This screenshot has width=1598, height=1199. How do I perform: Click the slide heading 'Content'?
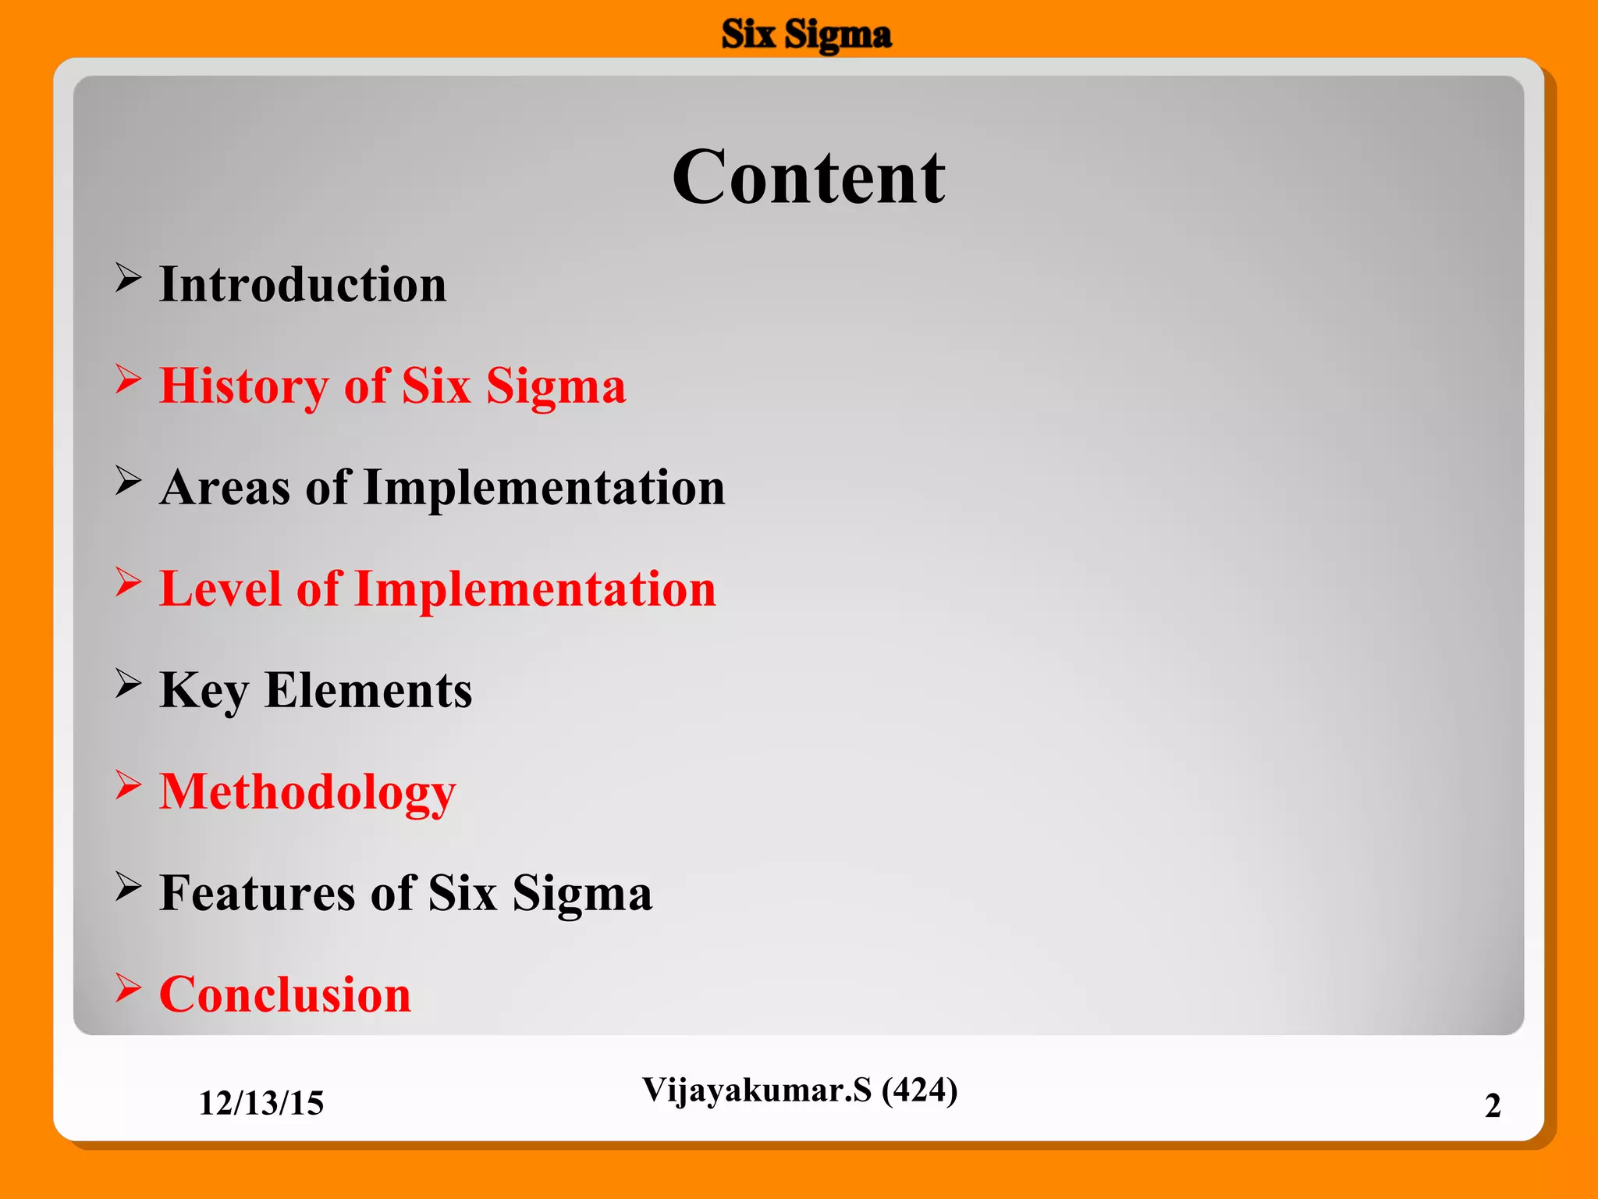click(808, 178)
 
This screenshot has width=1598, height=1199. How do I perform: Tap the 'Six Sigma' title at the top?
click(806, 35)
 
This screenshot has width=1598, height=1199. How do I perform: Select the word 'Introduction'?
click(303, 284)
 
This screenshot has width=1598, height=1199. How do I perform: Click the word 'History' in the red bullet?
click(244, 386)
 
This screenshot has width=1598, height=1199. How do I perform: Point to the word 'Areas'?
click(225, 488)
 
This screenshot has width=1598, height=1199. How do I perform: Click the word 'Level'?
click(220, 589)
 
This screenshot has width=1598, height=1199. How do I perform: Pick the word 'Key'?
click(204, 692)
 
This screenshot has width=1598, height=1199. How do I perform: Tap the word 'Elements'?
click(368, 691)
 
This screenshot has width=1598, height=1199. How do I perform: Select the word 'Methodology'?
click(307, 793)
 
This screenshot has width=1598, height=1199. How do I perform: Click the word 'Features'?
click(257, 893)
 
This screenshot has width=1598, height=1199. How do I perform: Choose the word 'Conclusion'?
click(285, 995)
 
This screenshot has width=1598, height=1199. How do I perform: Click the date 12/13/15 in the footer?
click(261, 1103)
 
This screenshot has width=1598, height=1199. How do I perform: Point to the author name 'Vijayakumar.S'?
click(756, 1090)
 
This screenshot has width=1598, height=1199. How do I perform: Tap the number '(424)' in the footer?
click(919, 1090)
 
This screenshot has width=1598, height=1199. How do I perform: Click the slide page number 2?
click(1492, 1105)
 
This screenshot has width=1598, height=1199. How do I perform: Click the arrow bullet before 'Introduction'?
click(128, 278)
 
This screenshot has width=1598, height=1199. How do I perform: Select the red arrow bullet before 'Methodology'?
click(128, 785)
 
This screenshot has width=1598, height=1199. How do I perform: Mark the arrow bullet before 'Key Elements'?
click(128, 684)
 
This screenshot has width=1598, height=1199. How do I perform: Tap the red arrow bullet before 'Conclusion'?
click(128, 988)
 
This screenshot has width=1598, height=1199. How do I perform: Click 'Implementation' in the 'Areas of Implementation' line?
click(544, 488)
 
